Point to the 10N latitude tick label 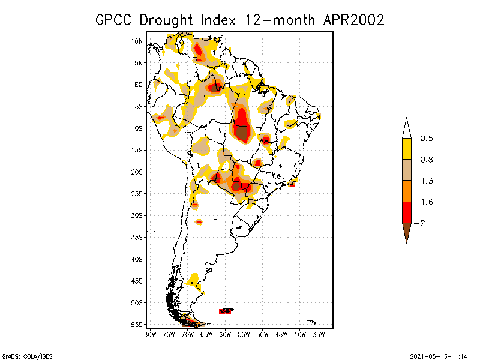tap(137, 41)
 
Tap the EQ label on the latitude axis tap(139, 85)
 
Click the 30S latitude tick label tap(137, 215)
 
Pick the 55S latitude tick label tap(137, 325)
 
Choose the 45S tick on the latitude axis tap(137, 281)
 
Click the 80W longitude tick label tap(150, 334)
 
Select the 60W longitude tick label tap(225, 334)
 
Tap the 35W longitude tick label tap(319, 334)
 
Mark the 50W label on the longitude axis tap(262, 334)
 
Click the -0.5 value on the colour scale tap(426, 139)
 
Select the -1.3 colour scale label tap(426, 181)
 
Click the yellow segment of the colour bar tap(406, 149)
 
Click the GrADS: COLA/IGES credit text tap(24, 355)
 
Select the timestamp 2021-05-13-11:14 tap(439, 355)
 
